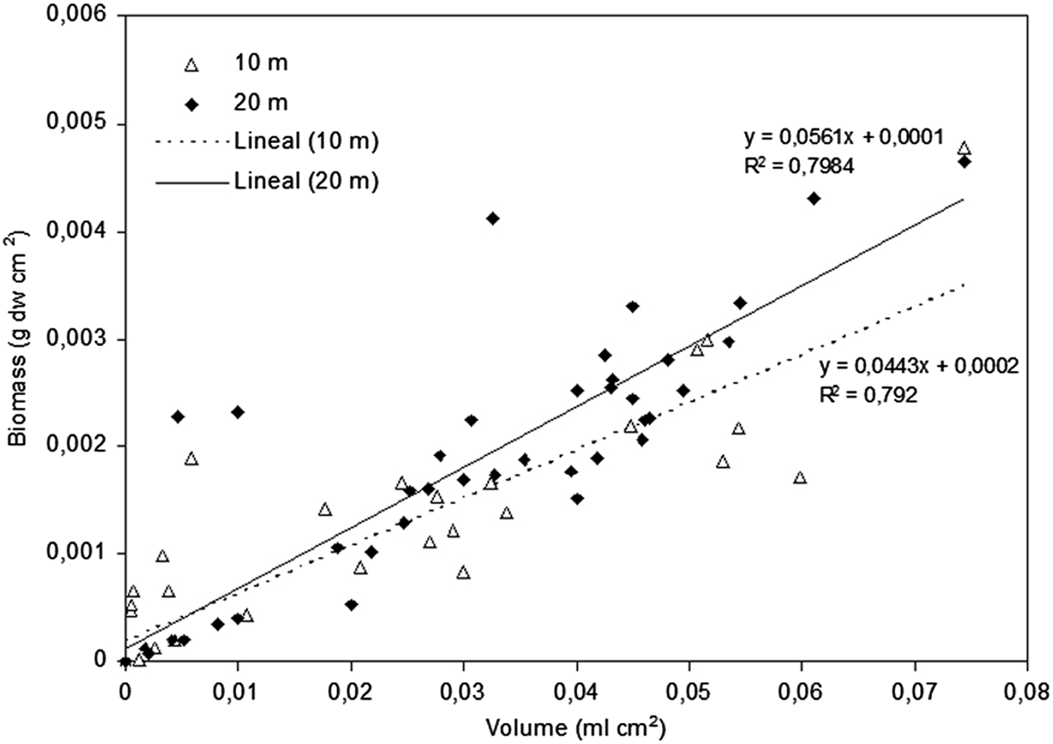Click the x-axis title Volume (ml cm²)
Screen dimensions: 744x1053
575,727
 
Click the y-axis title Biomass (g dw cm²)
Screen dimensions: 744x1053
18,339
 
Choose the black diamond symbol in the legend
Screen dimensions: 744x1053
191,104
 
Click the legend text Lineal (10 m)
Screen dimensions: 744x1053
305,141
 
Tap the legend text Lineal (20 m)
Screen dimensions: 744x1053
305,181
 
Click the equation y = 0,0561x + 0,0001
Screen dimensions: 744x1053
843,137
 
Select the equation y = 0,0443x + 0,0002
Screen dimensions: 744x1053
918,366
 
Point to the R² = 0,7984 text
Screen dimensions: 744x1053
799,166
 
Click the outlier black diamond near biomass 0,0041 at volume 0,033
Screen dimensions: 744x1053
493,218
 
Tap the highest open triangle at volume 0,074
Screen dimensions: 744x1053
963,148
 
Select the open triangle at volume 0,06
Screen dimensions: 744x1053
800,478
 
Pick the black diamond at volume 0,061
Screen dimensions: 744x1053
813,199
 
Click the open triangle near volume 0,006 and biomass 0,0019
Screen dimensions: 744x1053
191,459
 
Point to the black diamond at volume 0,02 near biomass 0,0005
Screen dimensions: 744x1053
351,605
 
